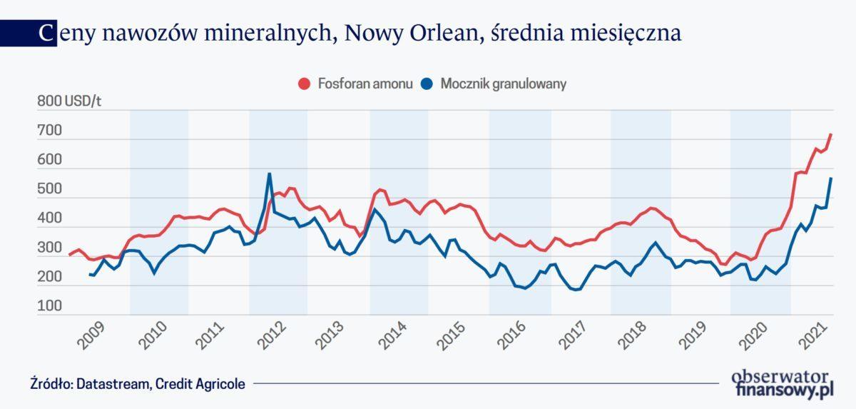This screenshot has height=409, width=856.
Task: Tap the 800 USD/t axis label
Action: click(x=69, y=102)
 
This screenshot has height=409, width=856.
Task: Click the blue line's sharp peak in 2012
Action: click(x=269, y=173)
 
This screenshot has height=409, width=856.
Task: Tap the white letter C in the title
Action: click(x=46, y=34)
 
